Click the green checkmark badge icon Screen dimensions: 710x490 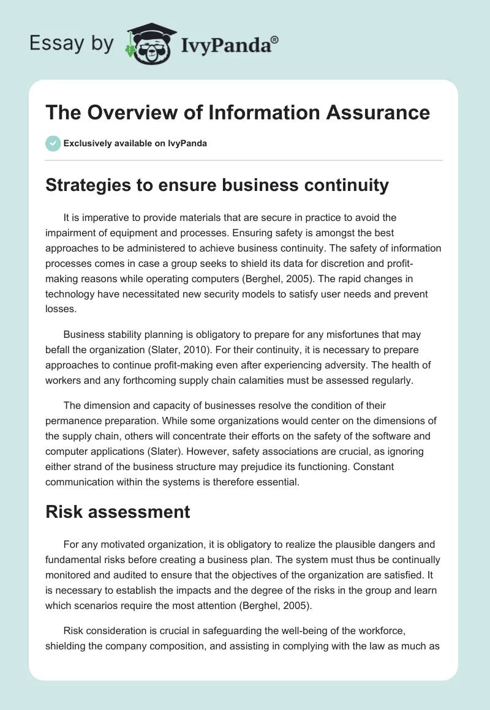[x=53, y=143]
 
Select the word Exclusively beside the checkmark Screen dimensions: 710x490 [x=87, y=143]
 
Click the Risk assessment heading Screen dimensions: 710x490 [x=118, y=512]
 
